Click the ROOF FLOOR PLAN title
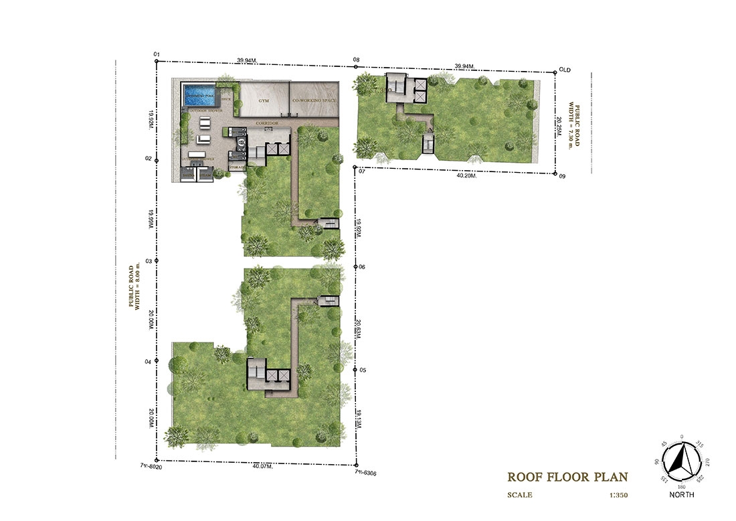point(567,477)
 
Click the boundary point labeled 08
point(356,60)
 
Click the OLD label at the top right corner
point(565,69)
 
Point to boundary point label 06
point(362,267)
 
